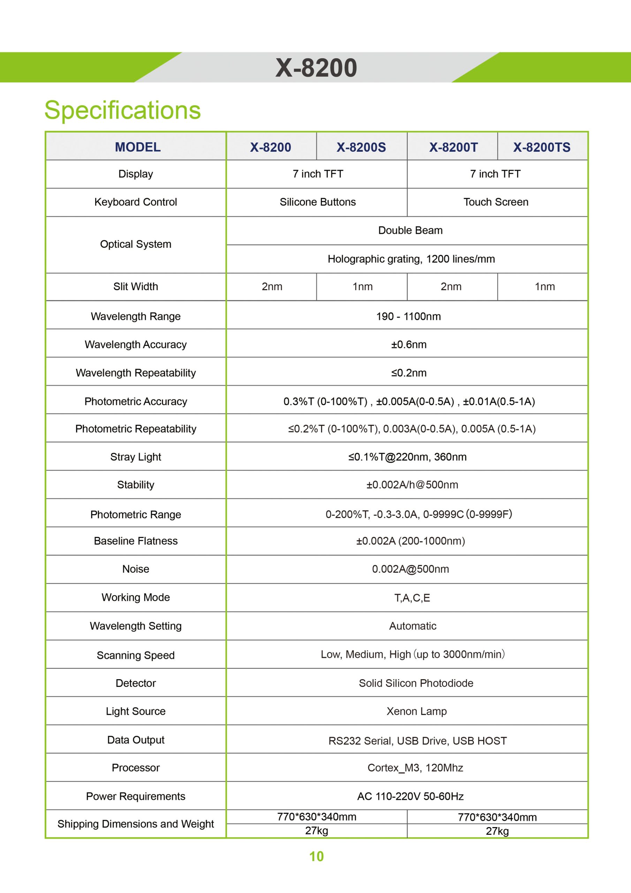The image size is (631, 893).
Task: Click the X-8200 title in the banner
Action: pos(316,68)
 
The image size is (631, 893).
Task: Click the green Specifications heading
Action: pos(122,110)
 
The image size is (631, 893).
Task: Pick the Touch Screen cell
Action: pos(496,202)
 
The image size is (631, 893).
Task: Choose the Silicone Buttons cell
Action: pos(318,202)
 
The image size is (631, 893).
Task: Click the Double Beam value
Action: pos(410,231)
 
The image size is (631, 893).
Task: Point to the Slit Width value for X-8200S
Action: pos(362,287)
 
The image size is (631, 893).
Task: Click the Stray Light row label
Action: pos(136,457)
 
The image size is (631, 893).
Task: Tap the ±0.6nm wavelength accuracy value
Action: pos(409,345)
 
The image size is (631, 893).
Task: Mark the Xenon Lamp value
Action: pos(416,711)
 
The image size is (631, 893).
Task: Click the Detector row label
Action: pos(136,683)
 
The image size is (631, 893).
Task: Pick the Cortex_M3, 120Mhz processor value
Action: pos(415,768)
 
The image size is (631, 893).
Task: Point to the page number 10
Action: pos(316,856)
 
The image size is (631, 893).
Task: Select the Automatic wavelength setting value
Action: pos(412,626)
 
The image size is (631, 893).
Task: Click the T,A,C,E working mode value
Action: pos(412,598)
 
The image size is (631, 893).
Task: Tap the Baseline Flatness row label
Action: pos(136,541)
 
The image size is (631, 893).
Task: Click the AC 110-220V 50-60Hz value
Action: pos(410,796)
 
